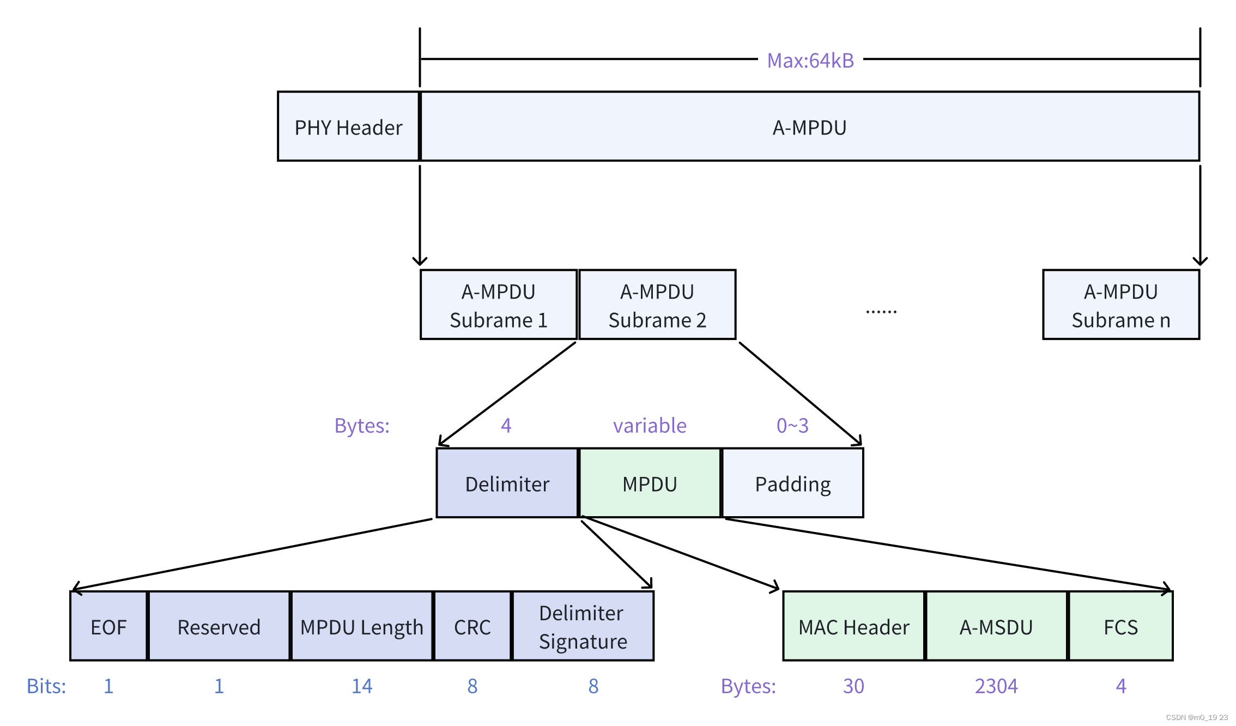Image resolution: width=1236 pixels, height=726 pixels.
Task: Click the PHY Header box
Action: coord(348,127)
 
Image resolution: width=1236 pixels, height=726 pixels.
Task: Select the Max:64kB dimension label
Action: coord(810,60)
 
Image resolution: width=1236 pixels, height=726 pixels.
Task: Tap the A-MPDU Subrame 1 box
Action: coord(498,305)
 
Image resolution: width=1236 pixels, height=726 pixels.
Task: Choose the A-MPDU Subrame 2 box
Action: coord(657,305)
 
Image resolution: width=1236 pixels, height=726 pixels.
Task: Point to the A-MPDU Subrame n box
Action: coord(1120,305)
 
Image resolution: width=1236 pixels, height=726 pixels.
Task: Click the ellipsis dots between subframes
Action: coord(881,311)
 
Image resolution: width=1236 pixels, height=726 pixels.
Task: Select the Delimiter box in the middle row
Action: coord(507,483)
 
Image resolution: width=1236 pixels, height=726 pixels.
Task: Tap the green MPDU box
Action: coord(650,483)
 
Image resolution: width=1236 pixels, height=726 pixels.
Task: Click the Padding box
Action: coord(792,483)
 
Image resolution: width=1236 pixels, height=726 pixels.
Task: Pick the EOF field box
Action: coord(108,627)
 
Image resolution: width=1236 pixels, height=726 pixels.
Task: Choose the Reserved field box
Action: coord(219,627)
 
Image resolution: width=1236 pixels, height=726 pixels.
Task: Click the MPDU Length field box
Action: coord(362,627)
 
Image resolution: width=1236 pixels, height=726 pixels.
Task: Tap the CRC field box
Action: coord(472,627)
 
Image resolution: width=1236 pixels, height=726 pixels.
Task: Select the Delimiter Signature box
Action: coord(583,627)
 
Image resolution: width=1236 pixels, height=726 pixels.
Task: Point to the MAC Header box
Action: coord(853,627)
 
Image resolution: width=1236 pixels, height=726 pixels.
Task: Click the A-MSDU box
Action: coord(996,627)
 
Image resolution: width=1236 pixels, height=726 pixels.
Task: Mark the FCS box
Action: coord(1120,627)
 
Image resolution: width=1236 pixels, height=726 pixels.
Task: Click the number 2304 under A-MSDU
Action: coord(996,686)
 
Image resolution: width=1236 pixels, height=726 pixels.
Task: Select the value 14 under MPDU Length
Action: coord(362,686)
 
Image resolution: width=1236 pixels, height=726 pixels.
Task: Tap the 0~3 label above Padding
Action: coord(792,425)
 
